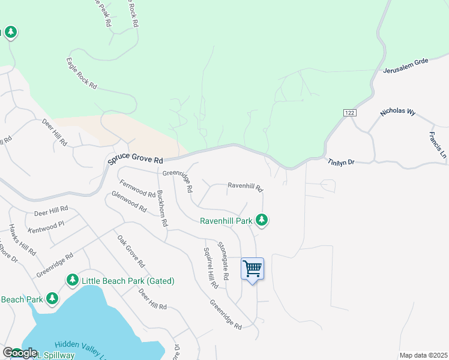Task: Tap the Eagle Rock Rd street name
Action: [82, 73]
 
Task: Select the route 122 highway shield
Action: [350, 113]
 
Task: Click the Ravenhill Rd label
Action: [245, 187]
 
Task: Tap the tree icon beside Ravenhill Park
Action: [261, 220]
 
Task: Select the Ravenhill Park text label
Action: [226, 221]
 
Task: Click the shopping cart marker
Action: [253, 269]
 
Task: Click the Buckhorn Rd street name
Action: [161, 208]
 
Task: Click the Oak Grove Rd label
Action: [131, 251]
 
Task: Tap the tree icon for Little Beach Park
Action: [72, 280]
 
